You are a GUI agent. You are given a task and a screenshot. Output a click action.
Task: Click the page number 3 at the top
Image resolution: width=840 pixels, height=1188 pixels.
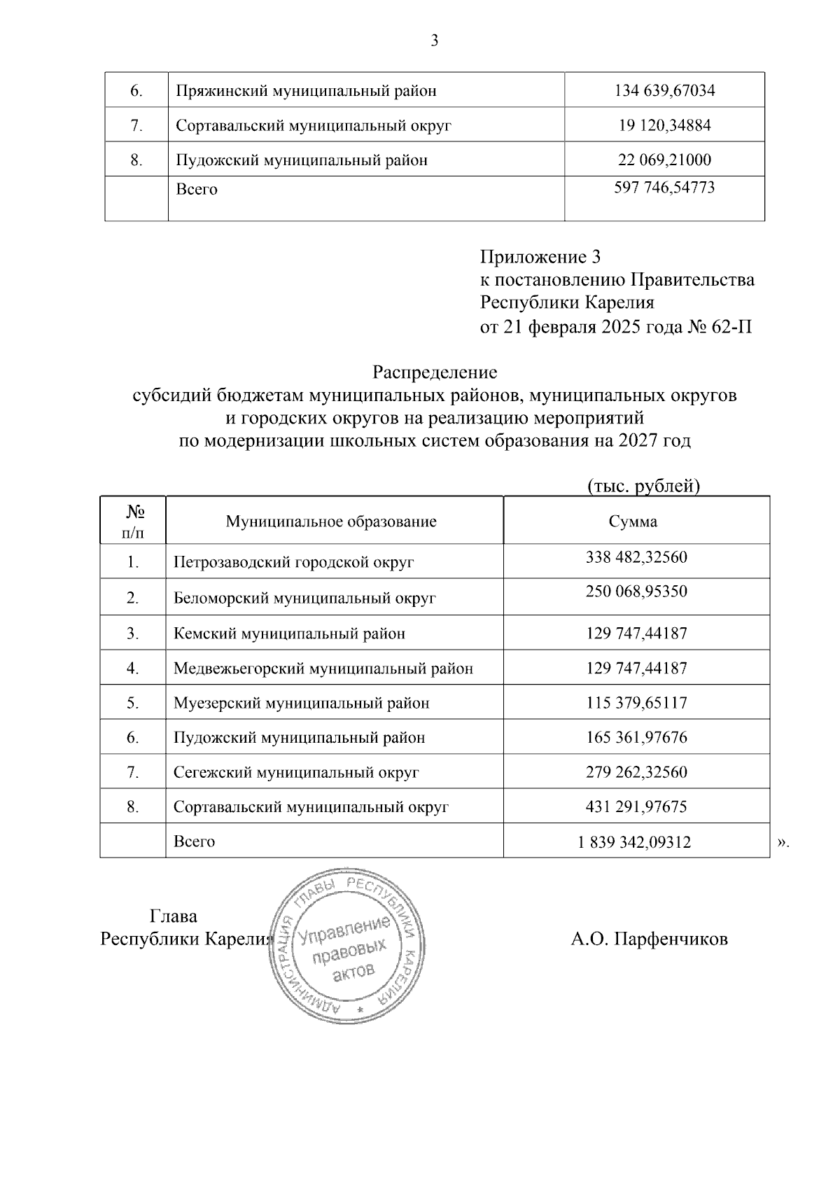pyautogui.click(x=434, y=41)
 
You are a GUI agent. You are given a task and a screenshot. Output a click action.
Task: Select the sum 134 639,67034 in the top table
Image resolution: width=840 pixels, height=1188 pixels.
pyautogui.click(x=664, y=90)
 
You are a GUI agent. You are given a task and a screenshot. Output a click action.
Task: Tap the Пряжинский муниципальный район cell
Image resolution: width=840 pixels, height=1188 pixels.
pyautogui.click(x=306, y=91)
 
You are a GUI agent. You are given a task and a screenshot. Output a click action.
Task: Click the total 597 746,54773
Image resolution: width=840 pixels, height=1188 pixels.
pyautogui.click(x=664, y=188)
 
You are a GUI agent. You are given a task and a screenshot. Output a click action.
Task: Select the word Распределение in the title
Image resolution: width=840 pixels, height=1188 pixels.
pyautogui.click(x=434, y=372)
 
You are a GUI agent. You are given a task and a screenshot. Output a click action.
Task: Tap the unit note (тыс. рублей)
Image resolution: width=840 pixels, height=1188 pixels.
pyautogui.click(x=643, y=486)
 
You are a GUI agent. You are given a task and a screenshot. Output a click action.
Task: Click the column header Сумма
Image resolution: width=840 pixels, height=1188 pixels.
pyautogui.click(x=633, y=522)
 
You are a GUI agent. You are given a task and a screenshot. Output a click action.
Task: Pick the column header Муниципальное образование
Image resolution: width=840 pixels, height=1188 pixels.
pyautogui.click(x=330, y=522)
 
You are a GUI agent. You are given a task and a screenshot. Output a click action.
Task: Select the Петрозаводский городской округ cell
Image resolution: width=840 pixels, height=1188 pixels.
pyautogui.click(x=294, y=562)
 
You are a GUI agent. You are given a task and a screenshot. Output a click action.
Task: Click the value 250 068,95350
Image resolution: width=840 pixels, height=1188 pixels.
pyautogui.click(x=636, y=592)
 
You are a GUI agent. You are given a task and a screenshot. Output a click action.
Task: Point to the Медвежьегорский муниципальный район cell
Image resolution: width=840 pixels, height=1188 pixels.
pyautogui.click(x=323, y=669)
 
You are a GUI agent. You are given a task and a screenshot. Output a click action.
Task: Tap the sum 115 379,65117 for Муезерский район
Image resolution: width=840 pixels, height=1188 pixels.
pyautogui.click(x=636, y=703)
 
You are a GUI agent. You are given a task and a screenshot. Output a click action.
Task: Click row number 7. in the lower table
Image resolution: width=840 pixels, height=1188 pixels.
pyautogui.click(x=133, y=772)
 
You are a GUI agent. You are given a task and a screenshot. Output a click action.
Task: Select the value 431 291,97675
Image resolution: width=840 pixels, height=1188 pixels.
pyautogui.click(x=636, y=806)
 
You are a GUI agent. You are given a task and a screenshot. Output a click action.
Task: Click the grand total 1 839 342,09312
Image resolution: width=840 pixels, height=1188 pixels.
pyautogui.click(x=634, y=842)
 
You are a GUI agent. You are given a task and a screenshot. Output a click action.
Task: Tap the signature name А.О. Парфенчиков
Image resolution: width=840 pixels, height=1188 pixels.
pyautogui.click(x=649, y=939)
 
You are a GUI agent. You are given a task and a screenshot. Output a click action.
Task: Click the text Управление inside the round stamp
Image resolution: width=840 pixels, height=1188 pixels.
pyautogui.click(x=343, y=932)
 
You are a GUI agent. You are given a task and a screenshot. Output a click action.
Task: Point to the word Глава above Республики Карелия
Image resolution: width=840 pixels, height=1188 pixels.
pyautogui.click(x=174, y=916)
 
